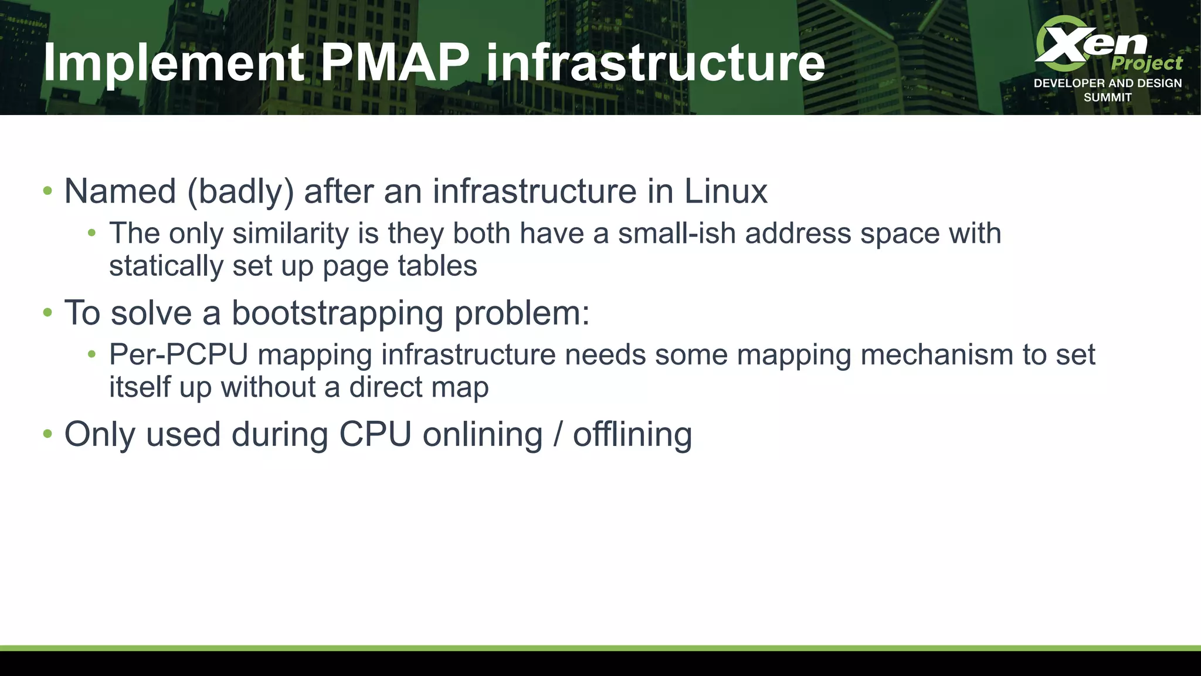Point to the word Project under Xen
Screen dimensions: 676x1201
pyautogui.click(x=1146, y=63)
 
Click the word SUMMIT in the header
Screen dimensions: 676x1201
pyautogui.click(x=1107, y=97)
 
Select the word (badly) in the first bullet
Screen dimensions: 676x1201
pyautogui.click(x=240, y=191)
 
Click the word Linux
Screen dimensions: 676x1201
pyautogui.click(x=725, y=191)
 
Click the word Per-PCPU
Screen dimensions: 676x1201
pyautogui.click(x=179, y=354)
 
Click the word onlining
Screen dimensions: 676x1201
pyautogui.click(x=483, y=434)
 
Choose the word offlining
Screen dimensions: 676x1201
pyautogui.click(x=632, y=434)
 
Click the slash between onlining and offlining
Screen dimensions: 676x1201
pyautogui.click(x=558, y=434)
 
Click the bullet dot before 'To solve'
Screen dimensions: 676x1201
pyautogui.click(x=48, y=313)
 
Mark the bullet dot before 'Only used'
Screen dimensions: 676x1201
pyautogui.click(x=48, y=434)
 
